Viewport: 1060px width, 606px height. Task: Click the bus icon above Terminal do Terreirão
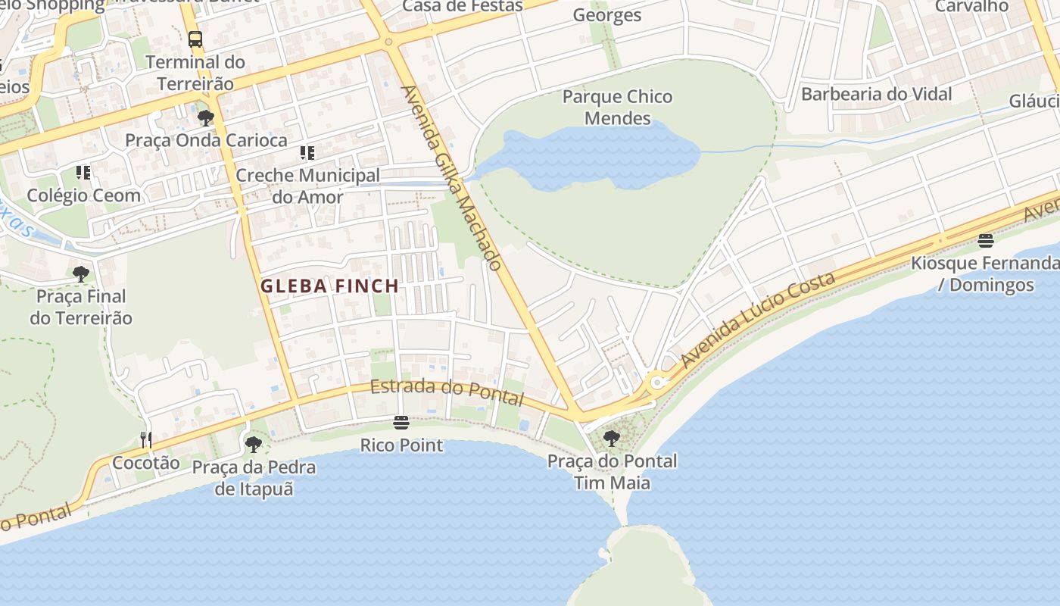tap(195, 39)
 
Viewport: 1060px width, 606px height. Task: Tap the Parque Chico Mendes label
tap(617, 108)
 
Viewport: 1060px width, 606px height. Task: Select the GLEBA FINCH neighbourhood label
tap(329, 286)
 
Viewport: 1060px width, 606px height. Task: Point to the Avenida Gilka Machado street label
tap(451, 177)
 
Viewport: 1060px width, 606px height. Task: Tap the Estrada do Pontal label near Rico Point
tap(447, 391)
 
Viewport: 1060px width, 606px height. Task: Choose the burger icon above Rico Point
tap(401, 422)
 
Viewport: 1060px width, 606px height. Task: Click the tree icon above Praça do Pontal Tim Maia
tap(611, 438)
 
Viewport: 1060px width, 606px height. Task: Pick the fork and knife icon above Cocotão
tap(145, 439)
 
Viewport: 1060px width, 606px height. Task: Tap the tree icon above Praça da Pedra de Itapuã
tap(254, 444)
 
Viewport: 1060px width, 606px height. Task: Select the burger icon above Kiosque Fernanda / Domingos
tap(985, 241)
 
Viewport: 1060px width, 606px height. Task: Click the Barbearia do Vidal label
tap(876, 94)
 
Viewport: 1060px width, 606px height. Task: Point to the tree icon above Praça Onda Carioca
tap(205, 117)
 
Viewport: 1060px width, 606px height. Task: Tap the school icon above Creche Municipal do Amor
tap(307, 153)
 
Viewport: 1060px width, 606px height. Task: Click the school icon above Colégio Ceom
tap(83, 173)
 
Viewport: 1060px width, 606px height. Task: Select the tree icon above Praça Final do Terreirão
tap(81, 273)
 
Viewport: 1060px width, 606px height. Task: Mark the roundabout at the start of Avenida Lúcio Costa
tap(656, 383)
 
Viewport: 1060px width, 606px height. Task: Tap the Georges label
tap(606, 15)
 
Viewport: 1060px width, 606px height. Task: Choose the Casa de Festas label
tap(462, 6)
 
